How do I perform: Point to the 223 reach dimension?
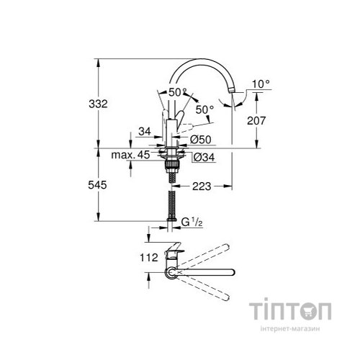click(x=202, y=186)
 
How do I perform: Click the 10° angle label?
click(x=262, y=84)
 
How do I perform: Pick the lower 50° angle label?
click(x=205, y=109)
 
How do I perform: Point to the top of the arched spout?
click(x=205, y=59)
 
